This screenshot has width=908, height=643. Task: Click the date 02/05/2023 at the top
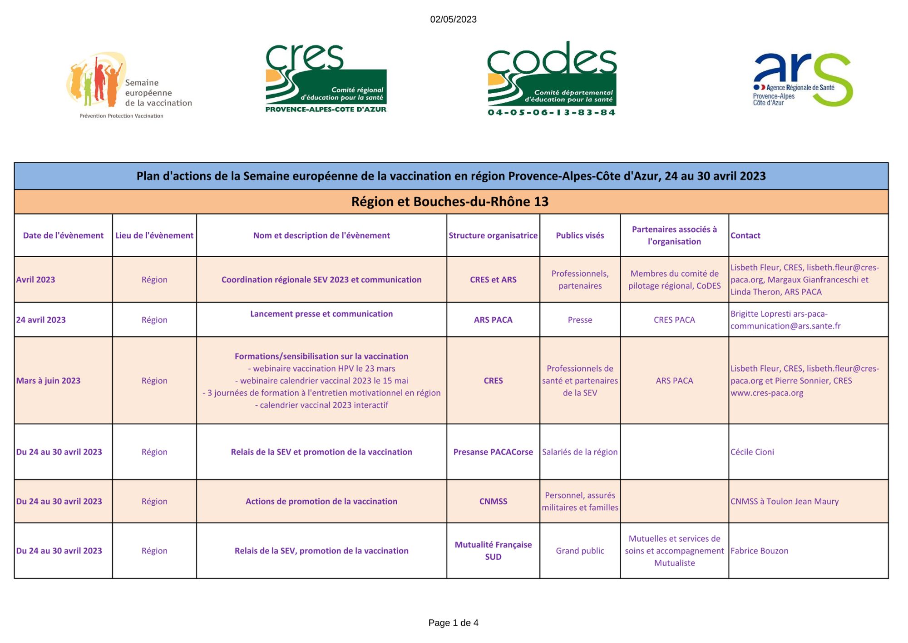pyautogui.click(x=453, y=20)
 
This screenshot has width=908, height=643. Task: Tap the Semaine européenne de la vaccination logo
pyautogui.click(x=129, y=85)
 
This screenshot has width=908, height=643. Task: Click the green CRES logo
pyautogui.click(x=326, y=79)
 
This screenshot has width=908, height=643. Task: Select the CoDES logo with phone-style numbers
pyautogui.click(x=552, y=79)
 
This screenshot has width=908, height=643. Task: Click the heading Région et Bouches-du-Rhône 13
pyautogui.click(x=450, y=202)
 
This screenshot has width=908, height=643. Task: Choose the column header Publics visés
pyautogui.click(x=580, y=235)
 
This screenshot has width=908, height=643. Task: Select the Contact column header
pyautogui.click(x=745, y=235)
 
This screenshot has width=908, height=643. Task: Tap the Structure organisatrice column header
pyautogui.click(x=493, y=235)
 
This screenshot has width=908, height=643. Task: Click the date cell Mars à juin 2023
pyautogui.click(x=49, y=381)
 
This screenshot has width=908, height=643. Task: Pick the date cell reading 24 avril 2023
pyautogui.click(x=41, y=320)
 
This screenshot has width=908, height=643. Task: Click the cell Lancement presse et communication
pyautogui.click(x=321, y=314)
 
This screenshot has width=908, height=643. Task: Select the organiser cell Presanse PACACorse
pyautogui.click(x=493, y=452)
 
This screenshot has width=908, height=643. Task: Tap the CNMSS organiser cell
pyautogui.click(x=493, y=502)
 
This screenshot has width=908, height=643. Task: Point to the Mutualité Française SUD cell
pyautogui.click(x=493, y=551)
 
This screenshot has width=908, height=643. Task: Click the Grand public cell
pyautogui.click(x=580, y=551)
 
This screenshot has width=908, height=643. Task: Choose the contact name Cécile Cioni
pyautogui.click(x=752, y=452)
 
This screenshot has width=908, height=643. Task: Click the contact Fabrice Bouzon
pyautogui.click(x=759, y=551)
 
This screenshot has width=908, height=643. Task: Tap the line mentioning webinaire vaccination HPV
pyautogui.click(x=321, y=369)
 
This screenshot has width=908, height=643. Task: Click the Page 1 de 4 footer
pyautogui.click(x=453, y=623)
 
